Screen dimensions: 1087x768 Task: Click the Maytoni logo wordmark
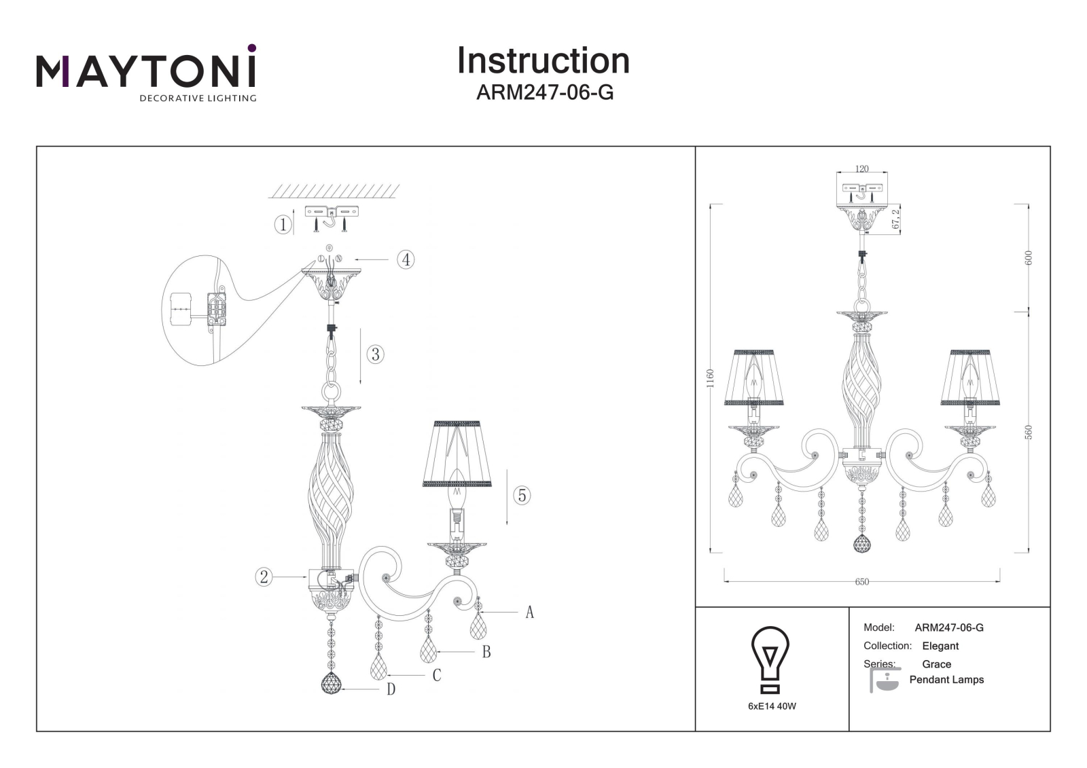[x=146, y=72]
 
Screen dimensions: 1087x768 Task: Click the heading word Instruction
[x=543, y=60]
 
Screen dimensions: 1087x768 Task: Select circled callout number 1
[x=283, y=225]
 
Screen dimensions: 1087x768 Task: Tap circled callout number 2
[x=264, y=577]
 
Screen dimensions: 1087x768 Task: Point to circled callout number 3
[x=375, y=354]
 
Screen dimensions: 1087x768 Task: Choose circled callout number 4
[x=406, y=259]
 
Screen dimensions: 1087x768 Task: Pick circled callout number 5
[x=522, y=495]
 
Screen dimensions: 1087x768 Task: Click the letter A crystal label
[x=529, y=612]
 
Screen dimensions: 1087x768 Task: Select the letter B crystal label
[x=486, y=652]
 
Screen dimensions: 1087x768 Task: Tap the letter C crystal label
[x=437, y=676]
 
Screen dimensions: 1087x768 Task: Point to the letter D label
[x=391, y=689]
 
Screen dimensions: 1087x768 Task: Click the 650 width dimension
[x=862, y=582]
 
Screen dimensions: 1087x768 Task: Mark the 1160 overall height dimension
[x=711, y=378]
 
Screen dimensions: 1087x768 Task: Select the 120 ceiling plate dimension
[x=862, y=169]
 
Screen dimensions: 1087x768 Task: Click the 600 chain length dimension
[x=1029, y=257]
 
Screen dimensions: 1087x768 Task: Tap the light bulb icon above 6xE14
[x=770, y=659]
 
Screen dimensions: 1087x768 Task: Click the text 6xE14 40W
[x=772, y=706]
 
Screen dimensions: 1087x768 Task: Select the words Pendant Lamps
[x=946, y=680]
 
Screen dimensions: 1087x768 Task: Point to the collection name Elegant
[x=940, y=646]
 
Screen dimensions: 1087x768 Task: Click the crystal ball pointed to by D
[x=332, y=683]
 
